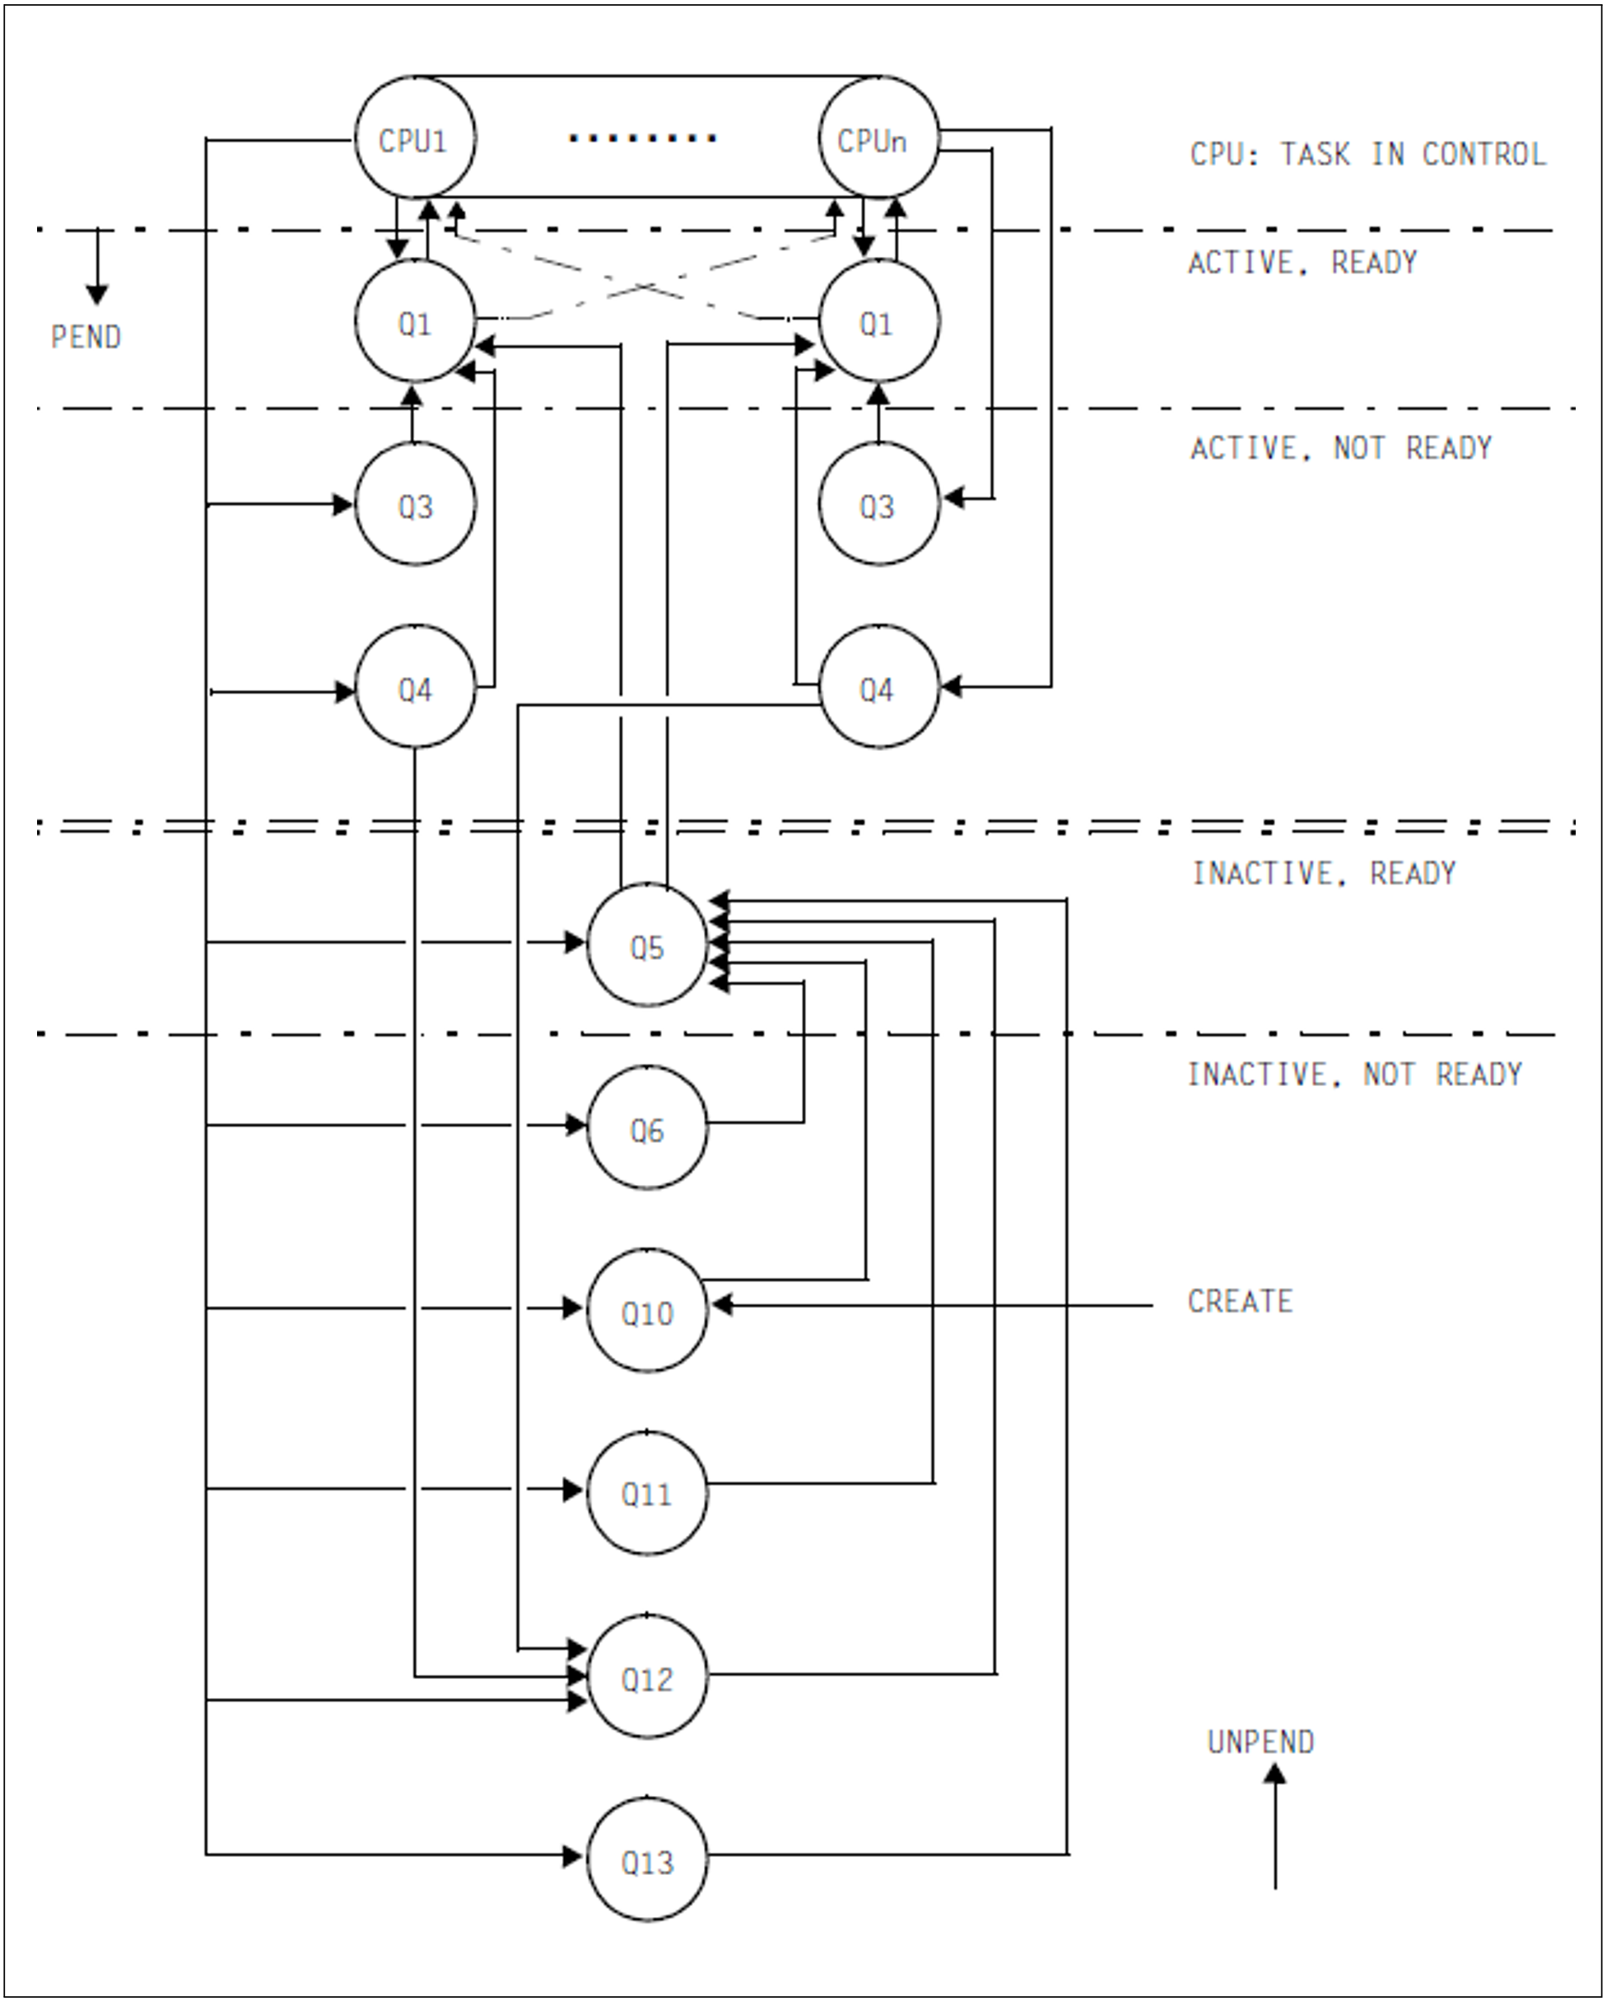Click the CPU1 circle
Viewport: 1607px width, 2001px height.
tap(415, 138)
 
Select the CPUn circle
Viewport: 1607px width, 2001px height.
tap(878, 138)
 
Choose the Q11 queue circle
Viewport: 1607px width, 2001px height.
tap(647, 1493)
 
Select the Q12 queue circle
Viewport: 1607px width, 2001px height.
tap(647, 1677)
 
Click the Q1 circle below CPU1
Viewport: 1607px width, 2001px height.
tap(415, 322)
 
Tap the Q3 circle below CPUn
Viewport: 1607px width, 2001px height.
tap(878, 505)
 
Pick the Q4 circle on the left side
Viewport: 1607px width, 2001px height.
tap(415, 688)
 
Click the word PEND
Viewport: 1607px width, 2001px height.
tap(86, 337)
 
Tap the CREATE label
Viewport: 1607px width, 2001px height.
tap(1240, 1301)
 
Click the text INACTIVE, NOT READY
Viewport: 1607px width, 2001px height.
tap(1354, 1074)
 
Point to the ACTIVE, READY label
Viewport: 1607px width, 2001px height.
tap(1302, 263)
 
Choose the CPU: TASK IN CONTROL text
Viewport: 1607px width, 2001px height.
tap(1367, 153)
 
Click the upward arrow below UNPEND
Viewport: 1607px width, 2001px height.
tap(1275, 1824)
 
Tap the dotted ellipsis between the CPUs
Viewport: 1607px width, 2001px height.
tap(642, 138)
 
